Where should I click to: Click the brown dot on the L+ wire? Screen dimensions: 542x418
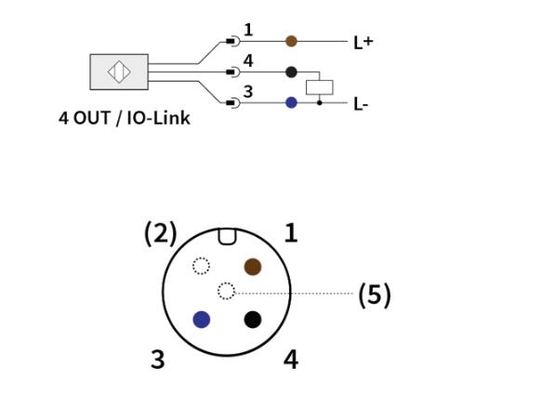tap(291, 41)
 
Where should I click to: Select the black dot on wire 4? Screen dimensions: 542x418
tap(291, 72)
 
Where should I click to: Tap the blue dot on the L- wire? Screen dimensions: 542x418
tap(291, 102)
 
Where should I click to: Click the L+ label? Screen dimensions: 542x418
tap(364, 43)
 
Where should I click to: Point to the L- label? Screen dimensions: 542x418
tap(361, 104)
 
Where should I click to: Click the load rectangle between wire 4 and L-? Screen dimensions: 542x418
tap(320, 87)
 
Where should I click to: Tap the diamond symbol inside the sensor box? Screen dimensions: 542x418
tap(119, 72)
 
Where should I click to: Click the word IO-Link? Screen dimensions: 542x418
tap(159, 118)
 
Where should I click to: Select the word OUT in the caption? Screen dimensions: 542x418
tap(92, 118)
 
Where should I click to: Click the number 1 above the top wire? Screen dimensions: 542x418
tap(248, 30)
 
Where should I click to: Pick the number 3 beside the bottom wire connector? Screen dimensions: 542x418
tap(248, 92)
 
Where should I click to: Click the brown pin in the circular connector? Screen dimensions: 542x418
tap(253, 267)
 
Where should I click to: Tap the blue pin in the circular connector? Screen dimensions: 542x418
tap(202, 320)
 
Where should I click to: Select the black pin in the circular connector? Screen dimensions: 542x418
tap(253, 320)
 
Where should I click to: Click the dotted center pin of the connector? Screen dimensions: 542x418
tap(227, 291)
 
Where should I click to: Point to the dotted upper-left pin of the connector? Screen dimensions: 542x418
tap(201, 266)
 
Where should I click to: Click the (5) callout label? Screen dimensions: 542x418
tap(375, 294)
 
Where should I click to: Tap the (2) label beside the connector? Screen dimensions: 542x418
tap(161, 234)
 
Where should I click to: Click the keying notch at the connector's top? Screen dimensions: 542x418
tap(227, 237)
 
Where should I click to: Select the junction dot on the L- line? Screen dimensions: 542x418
tap(320, 102)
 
